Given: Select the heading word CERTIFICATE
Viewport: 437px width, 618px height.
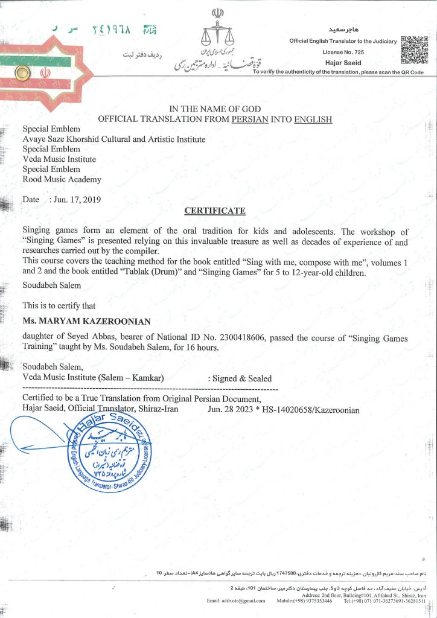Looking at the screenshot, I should (214, 211).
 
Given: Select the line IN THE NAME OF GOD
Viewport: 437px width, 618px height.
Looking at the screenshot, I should (214, 109).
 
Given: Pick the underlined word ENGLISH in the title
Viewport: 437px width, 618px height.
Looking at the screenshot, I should (313, 119).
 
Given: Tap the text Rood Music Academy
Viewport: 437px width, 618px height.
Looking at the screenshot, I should (62, 179).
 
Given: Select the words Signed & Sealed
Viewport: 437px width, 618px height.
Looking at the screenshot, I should (240, 378).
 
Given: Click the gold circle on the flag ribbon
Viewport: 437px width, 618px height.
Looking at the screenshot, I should (22, 73).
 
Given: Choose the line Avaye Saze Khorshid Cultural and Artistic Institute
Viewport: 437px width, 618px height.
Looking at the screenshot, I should (113, 139).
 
